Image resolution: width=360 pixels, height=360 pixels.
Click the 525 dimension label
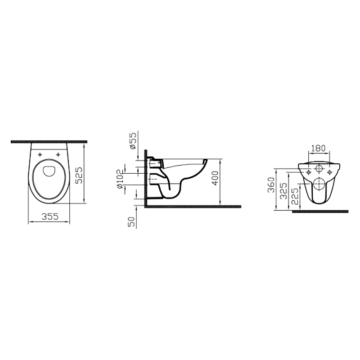tap(79, 175)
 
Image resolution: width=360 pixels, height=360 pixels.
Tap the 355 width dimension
tap(50, 216)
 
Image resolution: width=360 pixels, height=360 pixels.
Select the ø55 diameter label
tap(133, 140)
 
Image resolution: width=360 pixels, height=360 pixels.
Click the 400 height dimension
tap(216, 178)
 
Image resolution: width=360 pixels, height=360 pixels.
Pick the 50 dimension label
tap(132, 221)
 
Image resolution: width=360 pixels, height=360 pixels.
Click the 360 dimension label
tap(271, 185)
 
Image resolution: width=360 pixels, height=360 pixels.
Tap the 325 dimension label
tap(284, 191)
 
